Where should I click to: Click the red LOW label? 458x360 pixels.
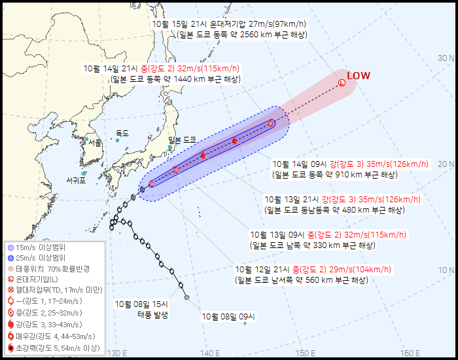(x=358, y=76)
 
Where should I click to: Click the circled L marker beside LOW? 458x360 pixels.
(x=342, y=82)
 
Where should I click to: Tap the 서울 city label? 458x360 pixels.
(x=95, y=143)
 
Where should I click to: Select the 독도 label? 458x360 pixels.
(x=122, y=133)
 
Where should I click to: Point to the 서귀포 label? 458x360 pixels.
(x=76, y=180)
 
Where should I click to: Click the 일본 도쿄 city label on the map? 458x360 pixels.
(x=183, y=139)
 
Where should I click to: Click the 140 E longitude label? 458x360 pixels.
(x=210, y=353)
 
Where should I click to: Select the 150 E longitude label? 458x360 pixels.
(x=306, y=353)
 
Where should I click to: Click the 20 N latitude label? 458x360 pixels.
(x=446, y=164)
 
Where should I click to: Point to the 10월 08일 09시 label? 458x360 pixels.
(x=227, y=317)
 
